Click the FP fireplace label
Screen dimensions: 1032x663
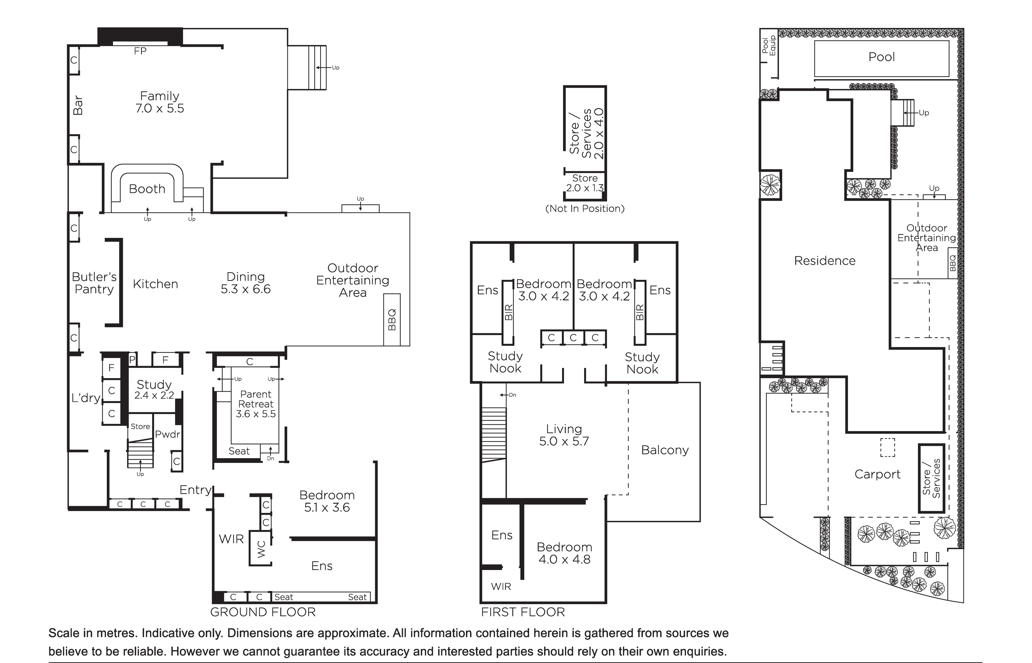point(140,51)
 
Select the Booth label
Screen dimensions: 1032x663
point(147,189)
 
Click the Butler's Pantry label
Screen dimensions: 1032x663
point(94,283)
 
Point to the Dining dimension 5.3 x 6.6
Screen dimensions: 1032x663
point(246,289)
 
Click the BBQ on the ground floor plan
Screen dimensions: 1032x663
point(392,320)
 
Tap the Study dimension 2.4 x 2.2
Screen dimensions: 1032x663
point(154,395)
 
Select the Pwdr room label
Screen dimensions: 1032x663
point(167,434)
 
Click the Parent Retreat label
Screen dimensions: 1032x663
point(256,399)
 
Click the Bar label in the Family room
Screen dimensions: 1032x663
point(78,105)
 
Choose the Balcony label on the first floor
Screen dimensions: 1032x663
point(665,450)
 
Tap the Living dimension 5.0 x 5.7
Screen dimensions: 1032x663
point(564,441)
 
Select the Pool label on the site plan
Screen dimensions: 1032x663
point(882,57)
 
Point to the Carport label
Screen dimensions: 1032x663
point(878,474)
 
